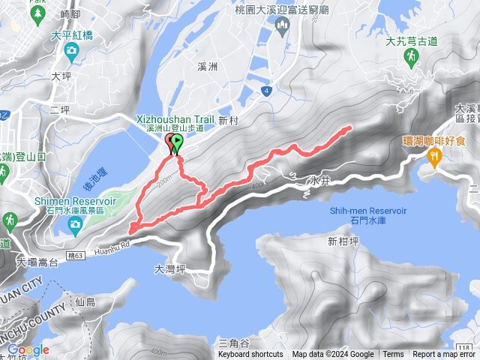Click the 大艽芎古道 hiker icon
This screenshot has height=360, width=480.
click(412, 58)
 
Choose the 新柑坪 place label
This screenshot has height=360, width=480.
click(343, 241)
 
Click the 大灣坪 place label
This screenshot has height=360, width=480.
click(169, 268)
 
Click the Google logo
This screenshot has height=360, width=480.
click(28, 349)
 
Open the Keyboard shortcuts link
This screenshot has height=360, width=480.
click(250, 355)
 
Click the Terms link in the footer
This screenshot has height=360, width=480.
click(393, 355)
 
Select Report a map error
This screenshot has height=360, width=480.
click(444, 355)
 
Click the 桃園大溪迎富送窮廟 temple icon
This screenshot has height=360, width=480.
click(283, 28)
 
